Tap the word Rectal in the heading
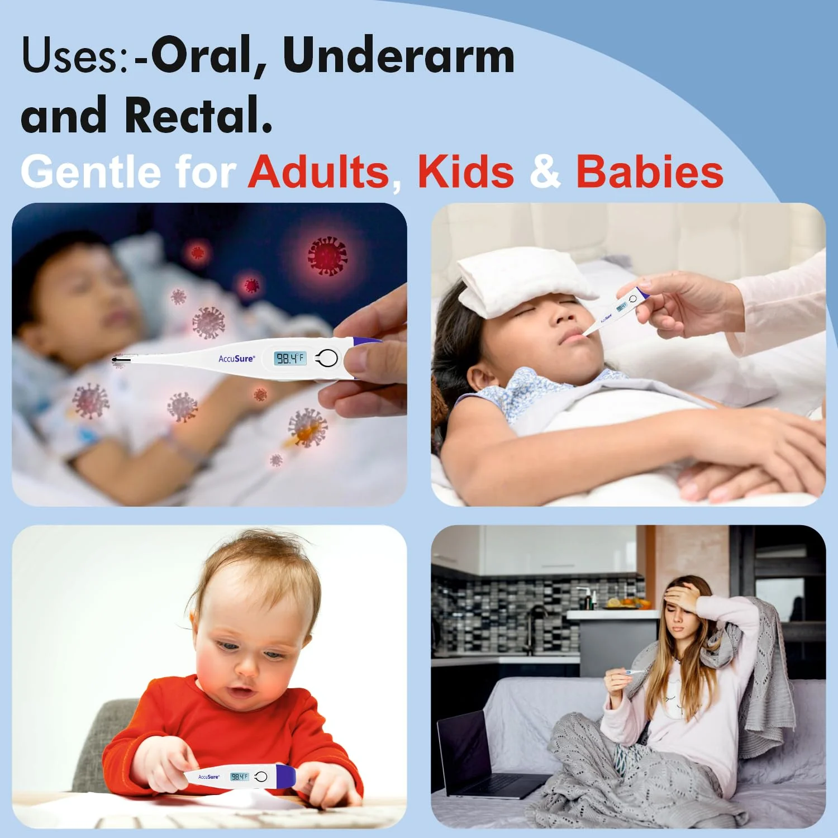click(198, 115)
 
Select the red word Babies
click(650, 172)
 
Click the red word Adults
click(319, 172)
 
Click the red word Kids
click(466, 172)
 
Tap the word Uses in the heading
click(75, 55)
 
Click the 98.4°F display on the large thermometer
click(290, 358)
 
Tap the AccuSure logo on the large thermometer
click(236, 358)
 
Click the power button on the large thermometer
click(327, 359)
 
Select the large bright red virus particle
click(328, 256)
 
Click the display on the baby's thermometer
click(239, 777)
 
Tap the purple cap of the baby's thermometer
click(285, 777)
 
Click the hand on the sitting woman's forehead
click(682, 597)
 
